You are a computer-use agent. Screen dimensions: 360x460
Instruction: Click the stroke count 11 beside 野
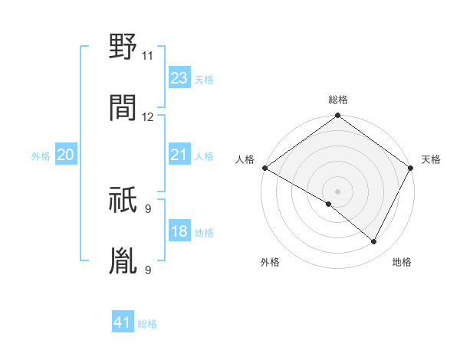pyautogui.click(x=147, y=56)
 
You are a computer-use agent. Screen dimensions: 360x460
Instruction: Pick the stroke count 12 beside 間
pyautogui.click(x=147, y=117)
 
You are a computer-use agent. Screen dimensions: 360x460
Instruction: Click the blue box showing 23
pyautogui.click(x=179, y=78)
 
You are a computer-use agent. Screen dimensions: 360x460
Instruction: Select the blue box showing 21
pyautogui.click(x=179, y=155)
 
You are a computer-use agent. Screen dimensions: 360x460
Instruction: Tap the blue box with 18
pyautogui.click(x=179, y=231)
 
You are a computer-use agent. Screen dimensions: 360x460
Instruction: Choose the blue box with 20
pyautogui.click(x=66, y=155)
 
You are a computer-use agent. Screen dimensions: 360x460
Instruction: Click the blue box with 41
pyautogui.click(x=123, y=322)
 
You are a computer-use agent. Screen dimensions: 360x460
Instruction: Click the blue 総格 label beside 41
pyautogui.click(x=147, y=324)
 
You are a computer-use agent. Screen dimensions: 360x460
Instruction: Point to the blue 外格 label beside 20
pyautogui.click(x=41, y=156)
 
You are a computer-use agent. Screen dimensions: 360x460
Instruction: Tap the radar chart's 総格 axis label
pyautogui.click(x=338, y=100)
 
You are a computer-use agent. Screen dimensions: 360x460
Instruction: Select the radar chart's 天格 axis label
pyautogui.click(x=431, y=159)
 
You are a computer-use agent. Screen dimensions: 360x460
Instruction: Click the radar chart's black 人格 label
pyautogui.click(x=245, y=159)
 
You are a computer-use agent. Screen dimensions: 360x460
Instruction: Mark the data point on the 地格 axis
pyautogui.click(x=374, y=242)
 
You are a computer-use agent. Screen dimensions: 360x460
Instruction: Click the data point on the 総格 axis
pyautogui.click(x=337, y=116)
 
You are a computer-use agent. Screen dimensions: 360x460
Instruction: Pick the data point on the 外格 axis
pyautogui.click(x=329, y=204)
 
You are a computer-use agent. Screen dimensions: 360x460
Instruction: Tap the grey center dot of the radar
pyautogui.click(x=337, y=191)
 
